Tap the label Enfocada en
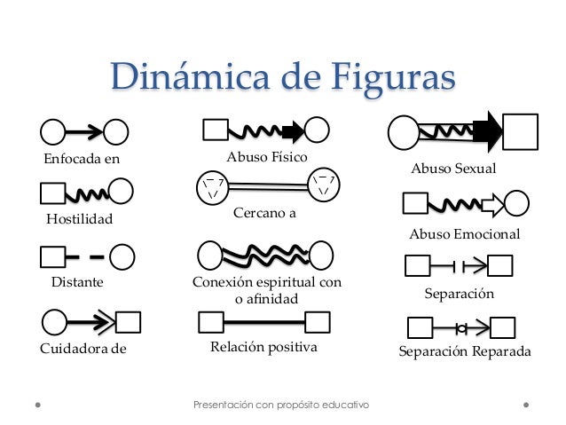81,160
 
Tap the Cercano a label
264,214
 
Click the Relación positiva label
263,346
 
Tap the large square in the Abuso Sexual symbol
522,132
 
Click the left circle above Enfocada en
53,132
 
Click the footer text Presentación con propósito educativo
281,405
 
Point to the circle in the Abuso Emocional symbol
516,204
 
